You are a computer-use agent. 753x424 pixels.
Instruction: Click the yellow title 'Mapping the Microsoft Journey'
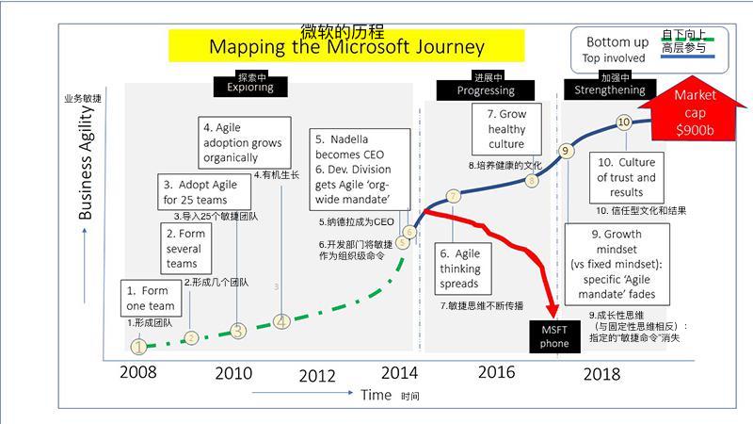coord(346,46)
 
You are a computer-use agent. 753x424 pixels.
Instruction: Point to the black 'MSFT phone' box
coord(554,336)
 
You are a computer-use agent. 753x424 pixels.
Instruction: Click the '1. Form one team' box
coord(151,298)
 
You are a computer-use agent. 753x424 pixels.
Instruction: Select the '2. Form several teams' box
coord(184,248)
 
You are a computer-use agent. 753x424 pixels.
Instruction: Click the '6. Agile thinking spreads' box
coord(460,269)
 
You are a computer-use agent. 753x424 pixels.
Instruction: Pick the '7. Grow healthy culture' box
coord(506,129)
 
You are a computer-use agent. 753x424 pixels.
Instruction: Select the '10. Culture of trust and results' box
coord(626,177)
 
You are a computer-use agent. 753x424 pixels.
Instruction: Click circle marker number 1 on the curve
coord(139,347)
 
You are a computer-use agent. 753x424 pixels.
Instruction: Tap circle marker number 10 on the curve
coord(623,122)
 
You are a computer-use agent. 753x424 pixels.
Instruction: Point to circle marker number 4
coord(281,322)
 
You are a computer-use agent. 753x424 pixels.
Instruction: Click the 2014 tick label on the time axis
coord(399,370)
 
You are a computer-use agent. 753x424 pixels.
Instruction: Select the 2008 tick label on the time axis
coord(138,371)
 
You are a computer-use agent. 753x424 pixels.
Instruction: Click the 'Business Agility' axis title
coord(86,162)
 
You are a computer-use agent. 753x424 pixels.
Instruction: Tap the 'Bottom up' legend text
coord(617,41)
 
